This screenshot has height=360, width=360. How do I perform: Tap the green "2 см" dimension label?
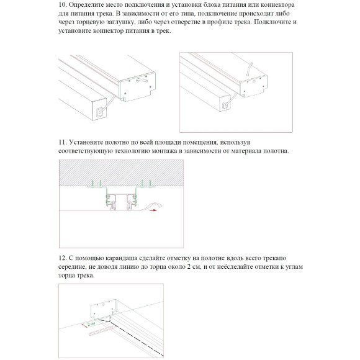[x=91, y=323]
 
